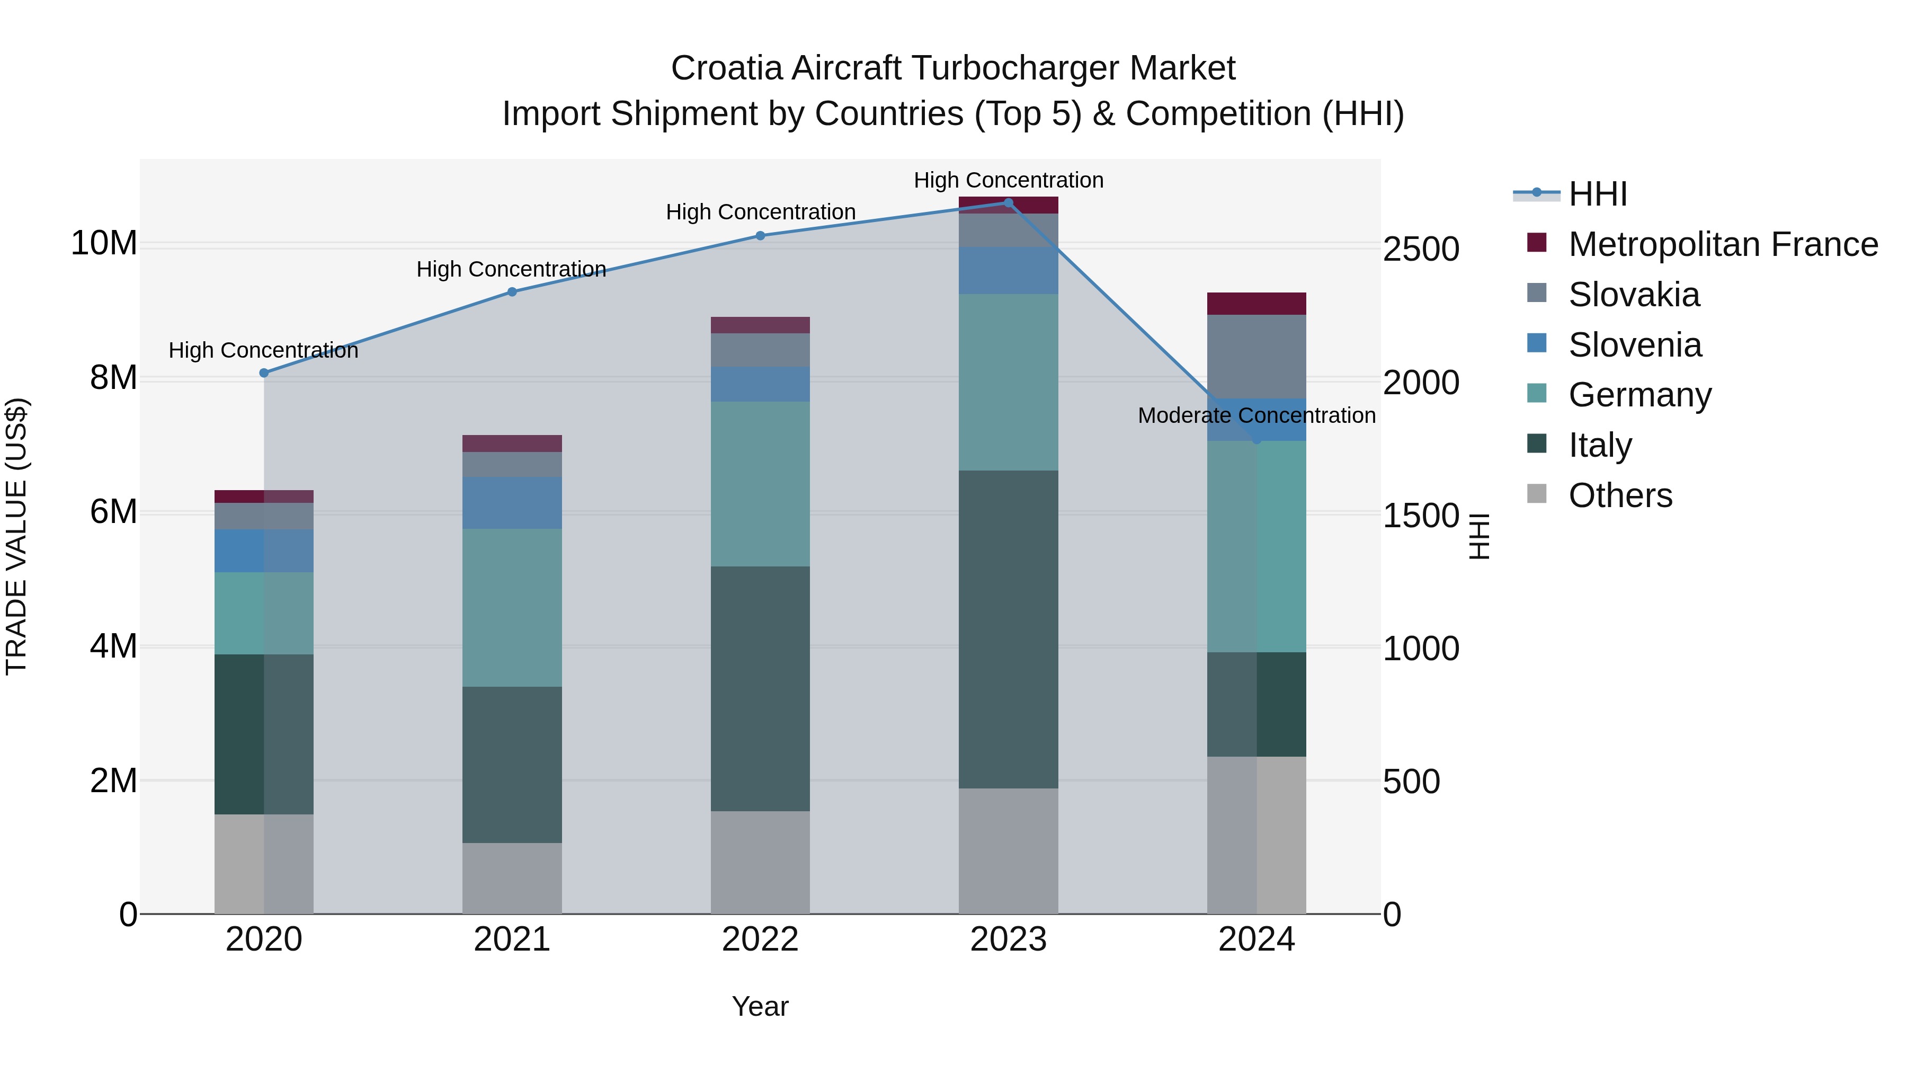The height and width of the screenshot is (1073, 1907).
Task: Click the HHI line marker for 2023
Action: coord(1008,202)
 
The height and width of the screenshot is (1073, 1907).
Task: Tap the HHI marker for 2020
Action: coord(264,373)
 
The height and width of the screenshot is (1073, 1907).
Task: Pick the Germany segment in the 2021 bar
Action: coord(512,607)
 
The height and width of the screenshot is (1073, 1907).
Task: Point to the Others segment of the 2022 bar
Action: coord(760,862)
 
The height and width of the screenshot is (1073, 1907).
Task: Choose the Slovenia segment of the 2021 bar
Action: coord(512,502)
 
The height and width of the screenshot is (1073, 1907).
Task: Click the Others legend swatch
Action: coord(1536,494)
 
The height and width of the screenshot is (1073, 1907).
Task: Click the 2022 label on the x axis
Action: coord(760,939)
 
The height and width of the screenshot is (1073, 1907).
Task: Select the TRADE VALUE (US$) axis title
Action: coord(16,536)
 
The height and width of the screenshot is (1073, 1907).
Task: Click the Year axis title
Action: coord(760,1006)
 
